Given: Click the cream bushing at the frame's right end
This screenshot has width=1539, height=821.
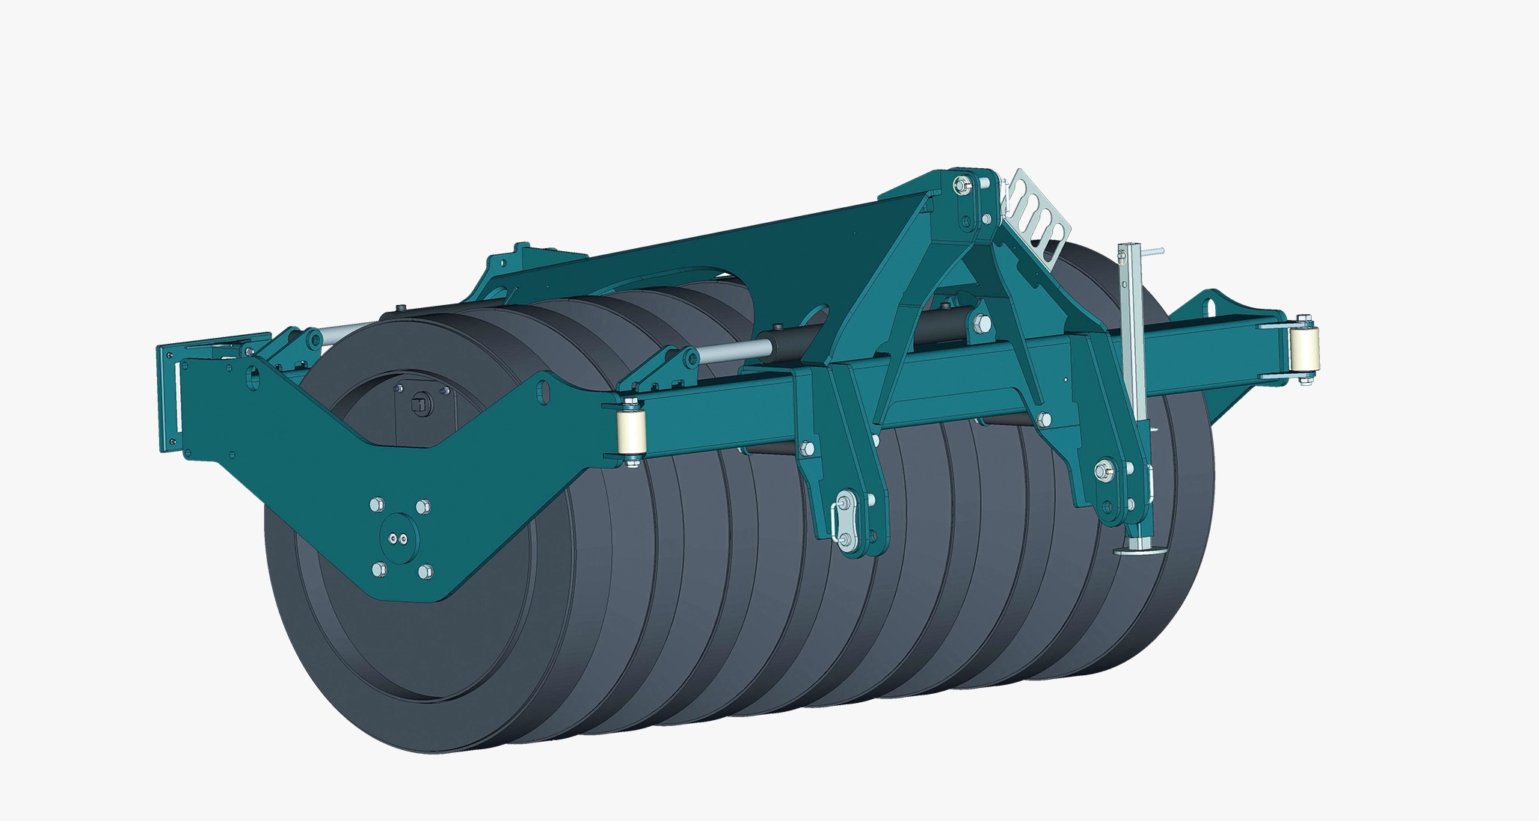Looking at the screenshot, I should [1303, 351].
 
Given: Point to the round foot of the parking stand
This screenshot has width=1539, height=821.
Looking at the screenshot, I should [1140, 551].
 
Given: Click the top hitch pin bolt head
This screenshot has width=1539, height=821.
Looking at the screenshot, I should [961, 184].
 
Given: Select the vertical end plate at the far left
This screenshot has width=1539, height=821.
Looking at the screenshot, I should [168, 396].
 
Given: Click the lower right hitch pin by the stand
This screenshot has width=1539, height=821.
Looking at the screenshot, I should [1102, 471].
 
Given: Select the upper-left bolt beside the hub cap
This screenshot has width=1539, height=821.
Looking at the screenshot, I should [376, 505].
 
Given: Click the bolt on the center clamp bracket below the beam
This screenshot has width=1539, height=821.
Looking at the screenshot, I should [807, 448].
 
